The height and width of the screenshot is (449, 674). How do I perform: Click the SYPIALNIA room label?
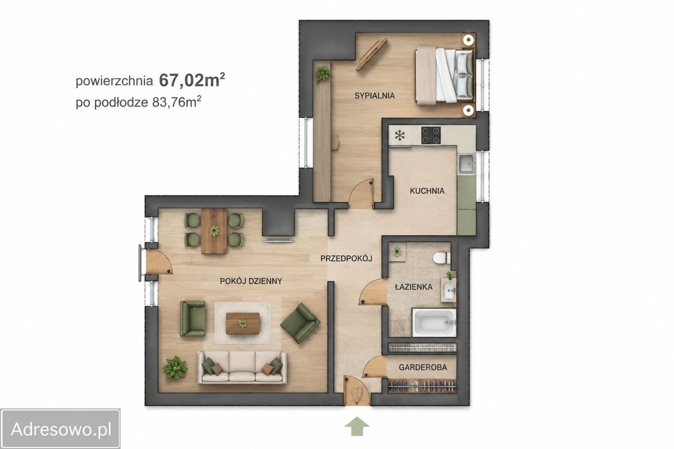pyautogui.click(x=374, y=96)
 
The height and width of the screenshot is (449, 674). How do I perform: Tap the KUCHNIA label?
pyautogui.click(x=427, y=191)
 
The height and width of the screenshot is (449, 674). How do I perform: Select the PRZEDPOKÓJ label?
pyautogui.click(x=346, y=258)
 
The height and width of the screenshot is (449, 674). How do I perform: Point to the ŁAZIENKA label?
pyautogui.click(x=413, y=287)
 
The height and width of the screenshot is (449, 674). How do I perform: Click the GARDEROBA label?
pyautogui.click(x=423, y=367)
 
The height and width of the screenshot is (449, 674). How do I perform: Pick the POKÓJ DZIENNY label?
pyautogui.click(x=251, y=281)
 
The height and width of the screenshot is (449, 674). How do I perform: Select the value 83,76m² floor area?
pyautogui.click(x=176, y=102)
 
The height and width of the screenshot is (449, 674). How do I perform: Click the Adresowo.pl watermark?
pyautogui.click(x=61, y=429)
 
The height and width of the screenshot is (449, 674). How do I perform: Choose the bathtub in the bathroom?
pyautogui.click(x=434, y=323)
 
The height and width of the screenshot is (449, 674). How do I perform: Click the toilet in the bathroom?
pyautogui.click(x=442, y=258)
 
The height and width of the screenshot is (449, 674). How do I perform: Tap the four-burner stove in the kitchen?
pyautogui.click(x=431, y=135)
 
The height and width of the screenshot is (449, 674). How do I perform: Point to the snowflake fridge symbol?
pyautogui.click(x=400, y=135)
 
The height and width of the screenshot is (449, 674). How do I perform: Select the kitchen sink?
pyautogui.click(x=467, y=163)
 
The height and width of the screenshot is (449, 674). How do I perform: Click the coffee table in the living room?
pyautogui.click(x=243, y=323)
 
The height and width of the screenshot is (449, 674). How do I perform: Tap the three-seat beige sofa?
pyautogui.click(x=242, y=367)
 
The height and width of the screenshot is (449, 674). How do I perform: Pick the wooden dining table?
pyautogui.click(x=214, y=231)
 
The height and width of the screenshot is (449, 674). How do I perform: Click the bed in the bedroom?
pyautogui.click(x=445, y=76)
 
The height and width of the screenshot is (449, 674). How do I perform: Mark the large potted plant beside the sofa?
pyautogui.click(x=175, y=368)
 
